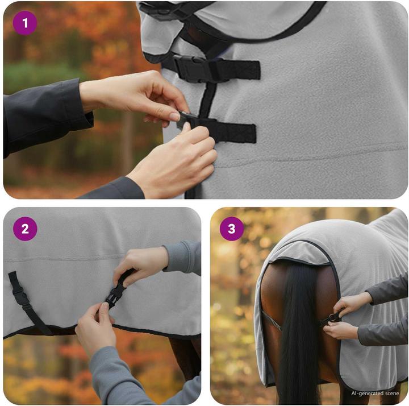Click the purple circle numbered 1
click(25, 23)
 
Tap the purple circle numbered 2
click(25, 229)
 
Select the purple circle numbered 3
click(232, 229)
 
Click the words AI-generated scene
click(375, 393)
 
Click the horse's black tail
click(299, 334)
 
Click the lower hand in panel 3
click(340, 330)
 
